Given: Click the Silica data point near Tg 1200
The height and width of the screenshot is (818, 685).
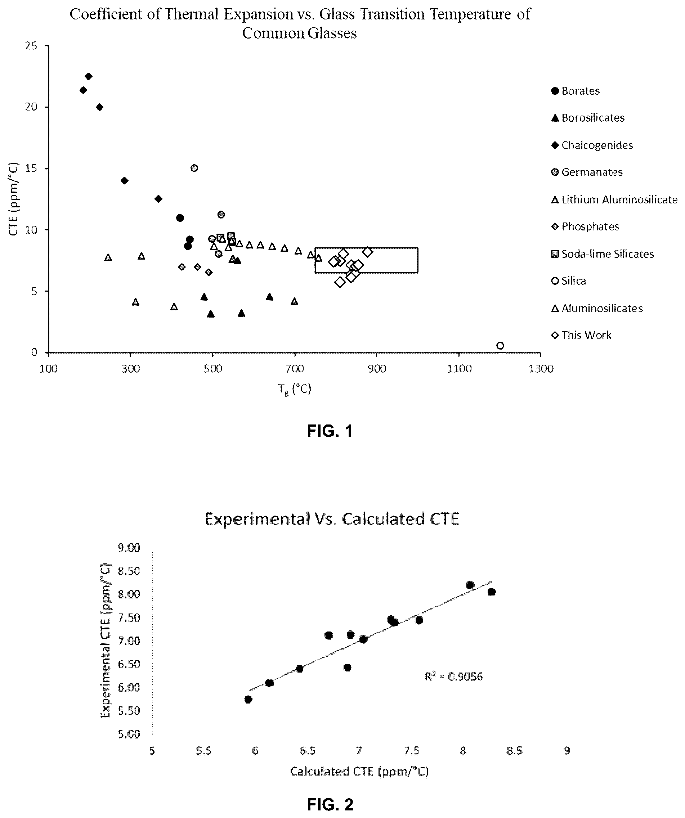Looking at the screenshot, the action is click(x=500, y=346).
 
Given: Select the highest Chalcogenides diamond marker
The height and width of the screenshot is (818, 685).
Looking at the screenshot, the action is click(x=89, y=76).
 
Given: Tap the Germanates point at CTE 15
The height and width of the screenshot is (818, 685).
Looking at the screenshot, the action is click(x=194, y=168).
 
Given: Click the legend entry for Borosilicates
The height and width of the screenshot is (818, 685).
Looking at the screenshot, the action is click(x=588, y=118).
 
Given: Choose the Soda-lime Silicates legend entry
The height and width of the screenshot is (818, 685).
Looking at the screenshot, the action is click(x=603, y=254).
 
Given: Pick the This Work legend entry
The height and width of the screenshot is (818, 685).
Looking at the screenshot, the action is click(x=581, y=335).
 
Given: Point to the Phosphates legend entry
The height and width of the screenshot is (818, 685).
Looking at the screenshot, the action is click(x=585, y=226).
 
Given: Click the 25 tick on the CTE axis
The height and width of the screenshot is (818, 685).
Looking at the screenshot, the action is click(x=31, y=46).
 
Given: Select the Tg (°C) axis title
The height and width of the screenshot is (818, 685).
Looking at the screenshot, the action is click(x=295, y=389).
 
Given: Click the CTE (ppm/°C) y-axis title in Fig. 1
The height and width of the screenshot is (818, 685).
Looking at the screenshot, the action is click(x=14, y=199).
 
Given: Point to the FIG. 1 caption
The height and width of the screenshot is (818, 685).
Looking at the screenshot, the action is click(x=330, y=431).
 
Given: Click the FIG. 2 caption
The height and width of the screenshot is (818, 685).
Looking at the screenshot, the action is click(x=330, y=804).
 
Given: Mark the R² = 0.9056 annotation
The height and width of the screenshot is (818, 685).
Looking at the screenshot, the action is click(x=454, y=676).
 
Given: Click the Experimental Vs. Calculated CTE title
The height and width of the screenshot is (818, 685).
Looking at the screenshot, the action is click(x=332, y=519).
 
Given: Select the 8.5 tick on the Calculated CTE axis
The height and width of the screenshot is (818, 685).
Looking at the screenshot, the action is click(x=514, y=751).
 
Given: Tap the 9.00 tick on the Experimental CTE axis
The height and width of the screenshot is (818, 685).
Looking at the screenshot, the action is click(x=129, y=548).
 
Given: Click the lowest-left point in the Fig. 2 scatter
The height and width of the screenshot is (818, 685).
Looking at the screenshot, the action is click(x=248, y=699).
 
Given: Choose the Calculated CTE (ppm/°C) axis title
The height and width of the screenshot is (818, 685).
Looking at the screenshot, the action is click(x=359, y=771).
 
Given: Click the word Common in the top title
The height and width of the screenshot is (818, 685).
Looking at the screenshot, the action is click(x=273, y=33).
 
